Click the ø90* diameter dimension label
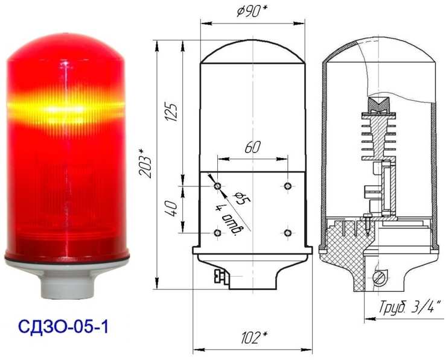(x=252, y=11)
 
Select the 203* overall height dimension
(x=146, y=166)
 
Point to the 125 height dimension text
(x=171, y=112)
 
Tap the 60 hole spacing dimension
(x=252, y=148)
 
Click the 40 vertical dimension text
(x=171, y=208)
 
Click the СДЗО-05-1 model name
(x=63, y=327)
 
